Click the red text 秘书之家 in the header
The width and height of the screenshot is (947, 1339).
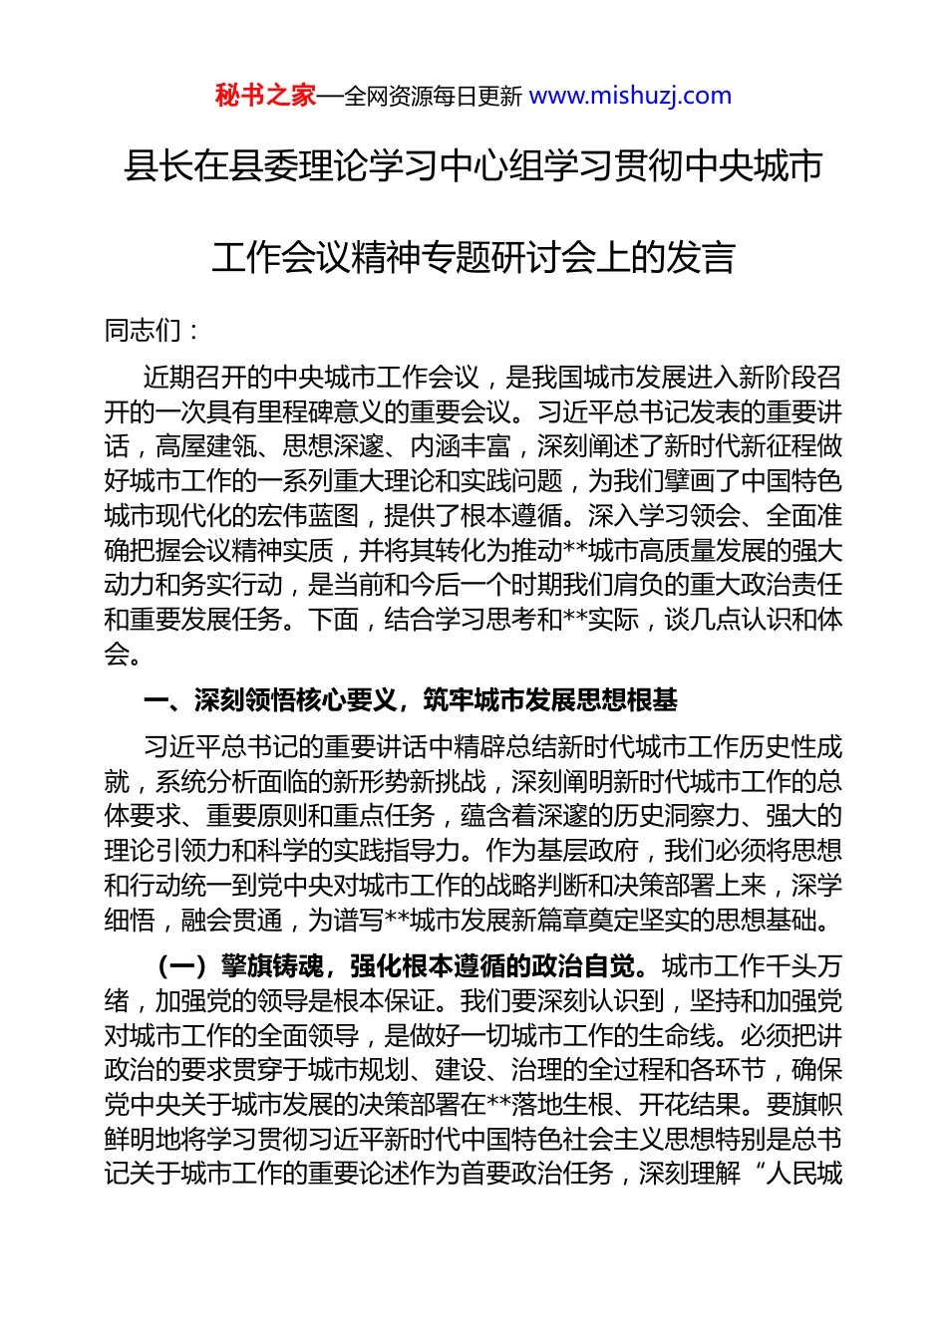(265, 96)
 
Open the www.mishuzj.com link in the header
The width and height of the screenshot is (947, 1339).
(630, 96)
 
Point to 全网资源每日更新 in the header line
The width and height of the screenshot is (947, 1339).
(433, 97)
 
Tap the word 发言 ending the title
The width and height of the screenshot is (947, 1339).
(701, 257)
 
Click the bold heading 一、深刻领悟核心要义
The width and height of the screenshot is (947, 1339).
(270, 700)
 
